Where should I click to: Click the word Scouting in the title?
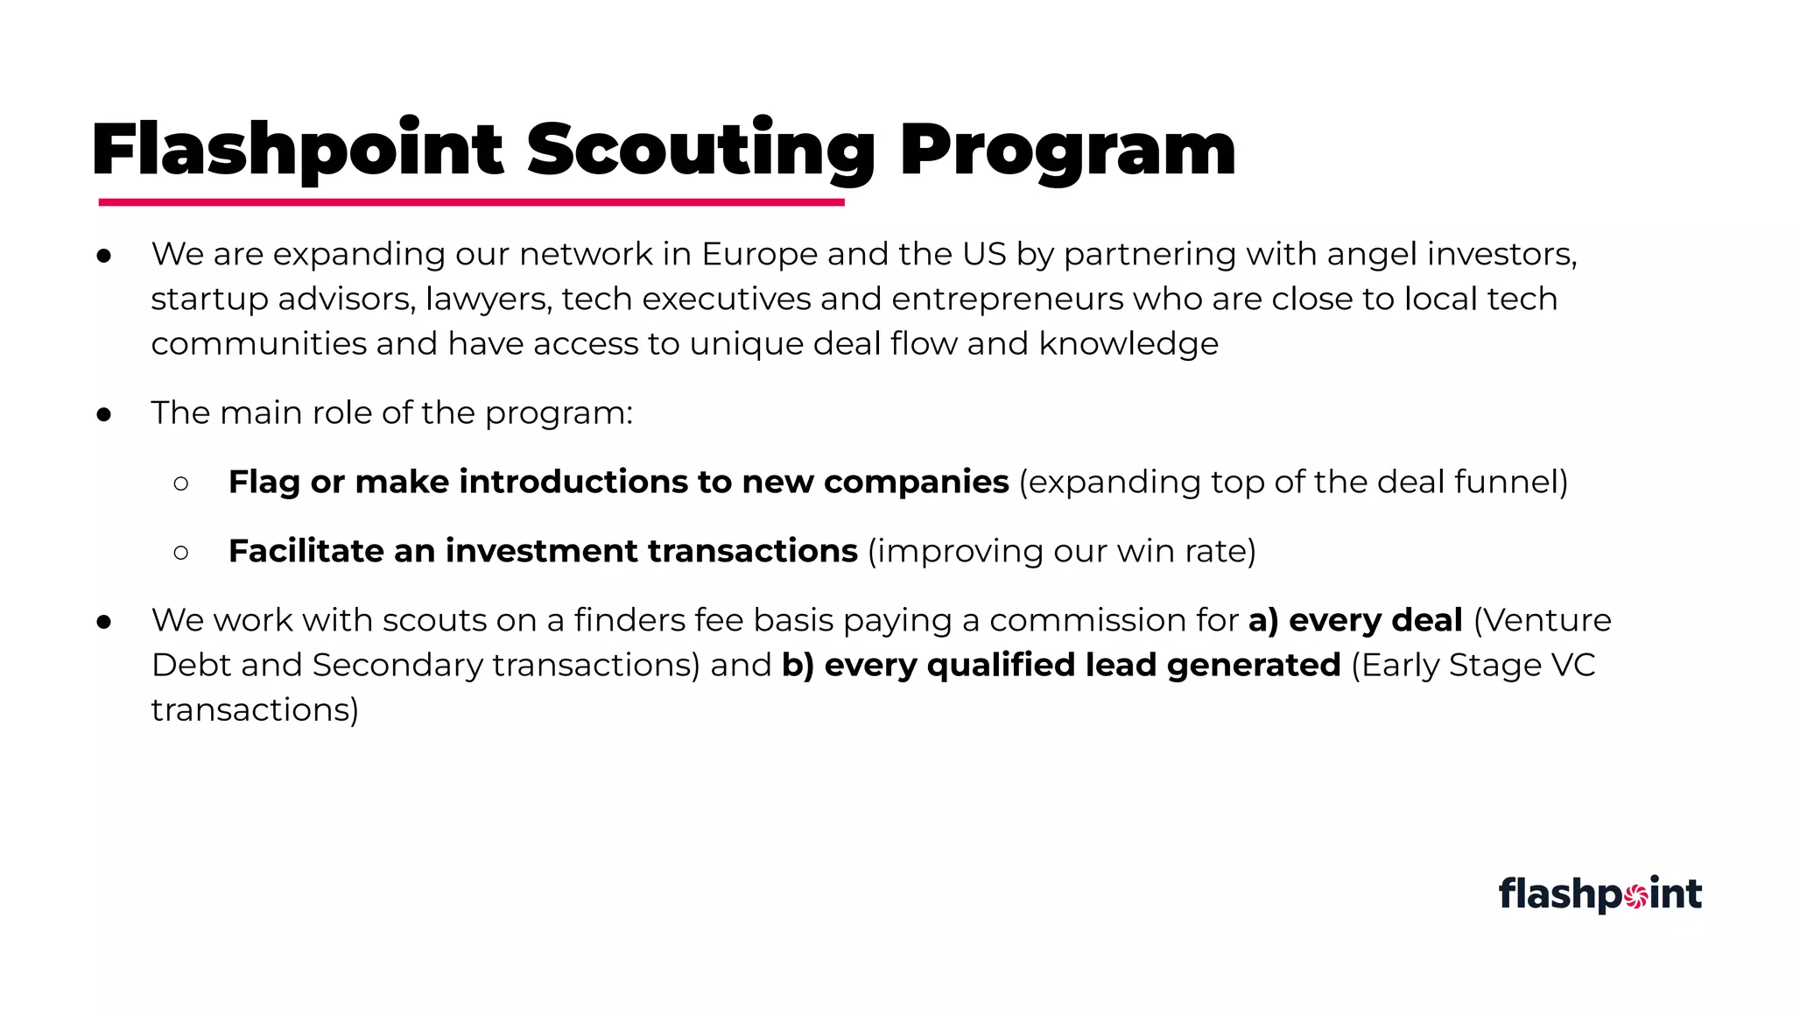coord(700,151)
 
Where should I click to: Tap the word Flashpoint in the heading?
coord(297,151)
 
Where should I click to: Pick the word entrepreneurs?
coord(1007,300)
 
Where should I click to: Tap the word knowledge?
coord(1129,344)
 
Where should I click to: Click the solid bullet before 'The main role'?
coord(104,414)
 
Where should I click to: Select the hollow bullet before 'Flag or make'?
coord(181,483)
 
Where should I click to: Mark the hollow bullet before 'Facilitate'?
coord(181,553)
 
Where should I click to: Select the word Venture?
coord(1550,620)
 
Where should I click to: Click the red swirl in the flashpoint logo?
coord(1635,895)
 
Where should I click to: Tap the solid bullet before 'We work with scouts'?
coord(104,622)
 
